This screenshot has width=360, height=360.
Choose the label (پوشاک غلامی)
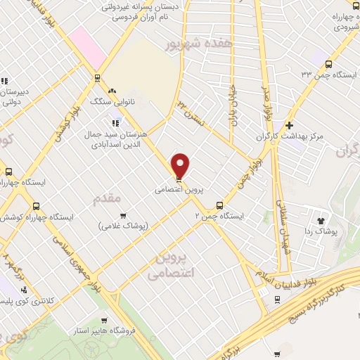[123, 226]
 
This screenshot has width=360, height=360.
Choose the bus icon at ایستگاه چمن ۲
[220, 206]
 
